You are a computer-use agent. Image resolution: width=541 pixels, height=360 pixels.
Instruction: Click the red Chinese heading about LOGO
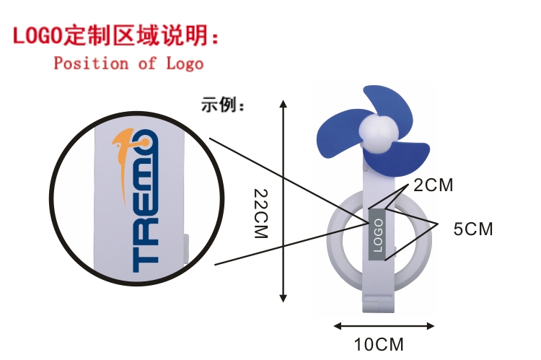click(115, 35)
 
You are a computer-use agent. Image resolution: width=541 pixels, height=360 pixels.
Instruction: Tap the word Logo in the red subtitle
click(185, 63)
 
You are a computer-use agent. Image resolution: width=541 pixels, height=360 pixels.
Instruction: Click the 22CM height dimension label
click(262, 214)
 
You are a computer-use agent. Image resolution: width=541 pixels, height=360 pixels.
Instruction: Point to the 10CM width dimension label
click(380, 344)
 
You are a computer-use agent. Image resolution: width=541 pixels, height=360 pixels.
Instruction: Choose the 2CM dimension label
click(434, 185)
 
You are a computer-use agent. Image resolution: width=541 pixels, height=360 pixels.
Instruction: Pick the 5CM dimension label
click(473, 229)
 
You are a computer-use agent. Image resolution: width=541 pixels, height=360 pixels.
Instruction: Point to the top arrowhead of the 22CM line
click(283, 103)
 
